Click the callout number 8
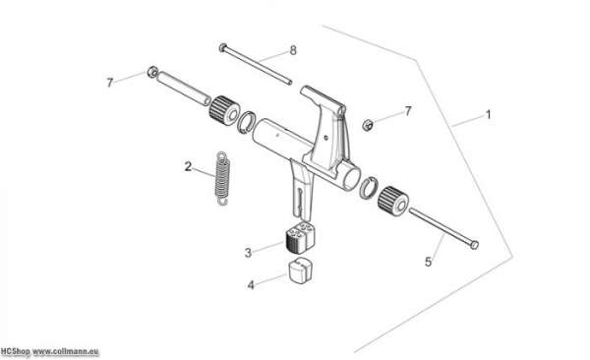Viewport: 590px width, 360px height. pyautogui.click(x=293, y=50)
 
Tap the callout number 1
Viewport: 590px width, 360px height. pyautogui.click(x=489, y=114)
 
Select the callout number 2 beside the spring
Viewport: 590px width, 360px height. pyautogui.click(x=188, y=166)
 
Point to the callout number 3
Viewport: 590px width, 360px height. pyautogui.click(x=248, y=253)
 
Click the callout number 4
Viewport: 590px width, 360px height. pyautogui.click(x=251, y=285)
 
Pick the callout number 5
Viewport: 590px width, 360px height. pyautogui.click(x=428, y=262)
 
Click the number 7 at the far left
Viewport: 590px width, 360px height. pyautogui.click(x=110, y=83)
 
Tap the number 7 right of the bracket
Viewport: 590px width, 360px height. pyautogui.click(x=408, y=111)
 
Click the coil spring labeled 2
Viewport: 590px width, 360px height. pyautogui.click(x=222, y=178)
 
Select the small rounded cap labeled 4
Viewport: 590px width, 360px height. pyautogui.click(x=300, y=270)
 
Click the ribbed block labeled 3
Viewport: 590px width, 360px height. pyautogui.click(x=300, y=238)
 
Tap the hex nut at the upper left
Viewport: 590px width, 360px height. pyautogui.click(x=152, y=72)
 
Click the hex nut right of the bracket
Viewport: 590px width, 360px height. pyautogui.click(x=367, y=125)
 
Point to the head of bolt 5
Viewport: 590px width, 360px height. pyautogui.click(x=474, y=245)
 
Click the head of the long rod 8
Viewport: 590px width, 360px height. pyautogui.click(x=223, y=47)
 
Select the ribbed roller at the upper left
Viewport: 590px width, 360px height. pyautogui.click(x=224, y=109)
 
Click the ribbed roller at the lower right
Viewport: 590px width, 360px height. pyautogui.click(x=393, y=202)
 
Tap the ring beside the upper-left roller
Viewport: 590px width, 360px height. pyautogui.click(x=247, y=122)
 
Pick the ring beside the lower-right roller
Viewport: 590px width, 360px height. pyautogui.click(x=369, y=187)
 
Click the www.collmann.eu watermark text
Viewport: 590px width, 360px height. pyautogui.click(x=66, y=352)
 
